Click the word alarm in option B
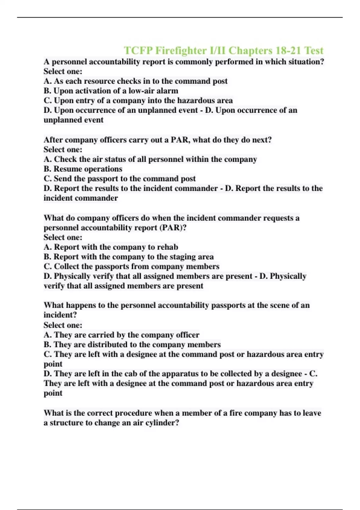click(167, 91)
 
